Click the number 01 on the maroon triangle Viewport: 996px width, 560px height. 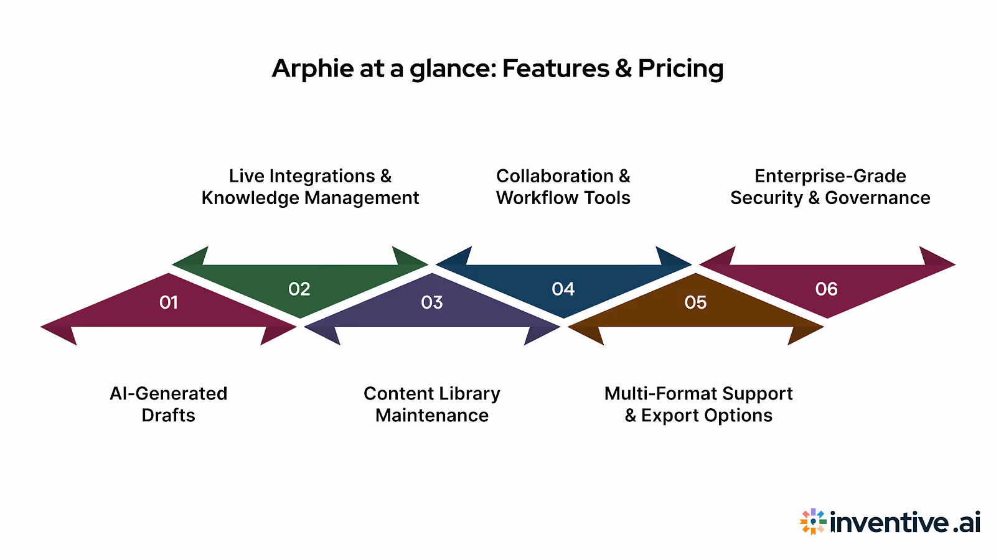[169, 302]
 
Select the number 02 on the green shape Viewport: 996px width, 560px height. [299, 289]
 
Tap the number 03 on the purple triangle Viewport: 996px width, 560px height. [432, 302]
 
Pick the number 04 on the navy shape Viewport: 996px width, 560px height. [563, 289]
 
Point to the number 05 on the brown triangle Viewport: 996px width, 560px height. [695, 302]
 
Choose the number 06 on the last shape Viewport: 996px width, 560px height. [827, 289]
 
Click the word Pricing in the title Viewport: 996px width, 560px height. [680, 68]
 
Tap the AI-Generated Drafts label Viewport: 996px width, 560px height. [169, 404]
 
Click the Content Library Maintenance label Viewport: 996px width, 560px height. [432, 404]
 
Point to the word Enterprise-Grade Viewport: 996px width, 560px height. [830, 176]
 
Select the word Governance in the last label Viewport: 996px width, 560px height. [877, 198]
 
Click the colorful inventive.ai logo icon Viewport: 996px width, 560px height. [813, 521]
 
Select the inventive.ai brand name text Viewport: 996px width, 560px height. [905, 522]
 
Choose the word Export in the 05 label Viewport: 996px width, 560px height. [670, 416]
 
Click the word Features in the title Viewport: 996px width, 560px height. [555, 68]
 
